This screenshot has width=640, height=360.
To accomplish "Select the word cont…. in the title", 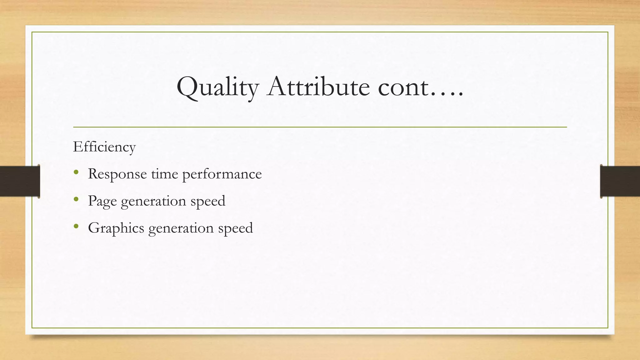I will tap(421, 87).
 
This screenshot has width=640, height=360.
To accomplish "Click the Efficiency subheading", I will tap(104, 147).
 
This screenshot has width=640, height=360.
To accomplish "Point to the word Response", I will tap(117, 174).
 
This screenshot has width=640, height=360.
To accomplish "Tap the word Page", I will tap(102, 201).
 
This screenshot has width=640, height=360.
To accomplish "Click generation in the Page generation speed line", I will tap(153, 201).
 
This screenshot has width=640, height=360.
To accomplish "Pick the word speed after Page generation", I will tap(208, 201).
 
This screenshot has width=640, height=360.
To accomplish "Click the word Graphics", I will tap(116, 228).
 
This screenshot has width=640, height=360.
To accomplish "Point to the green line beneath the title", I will tap(320, 127).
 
